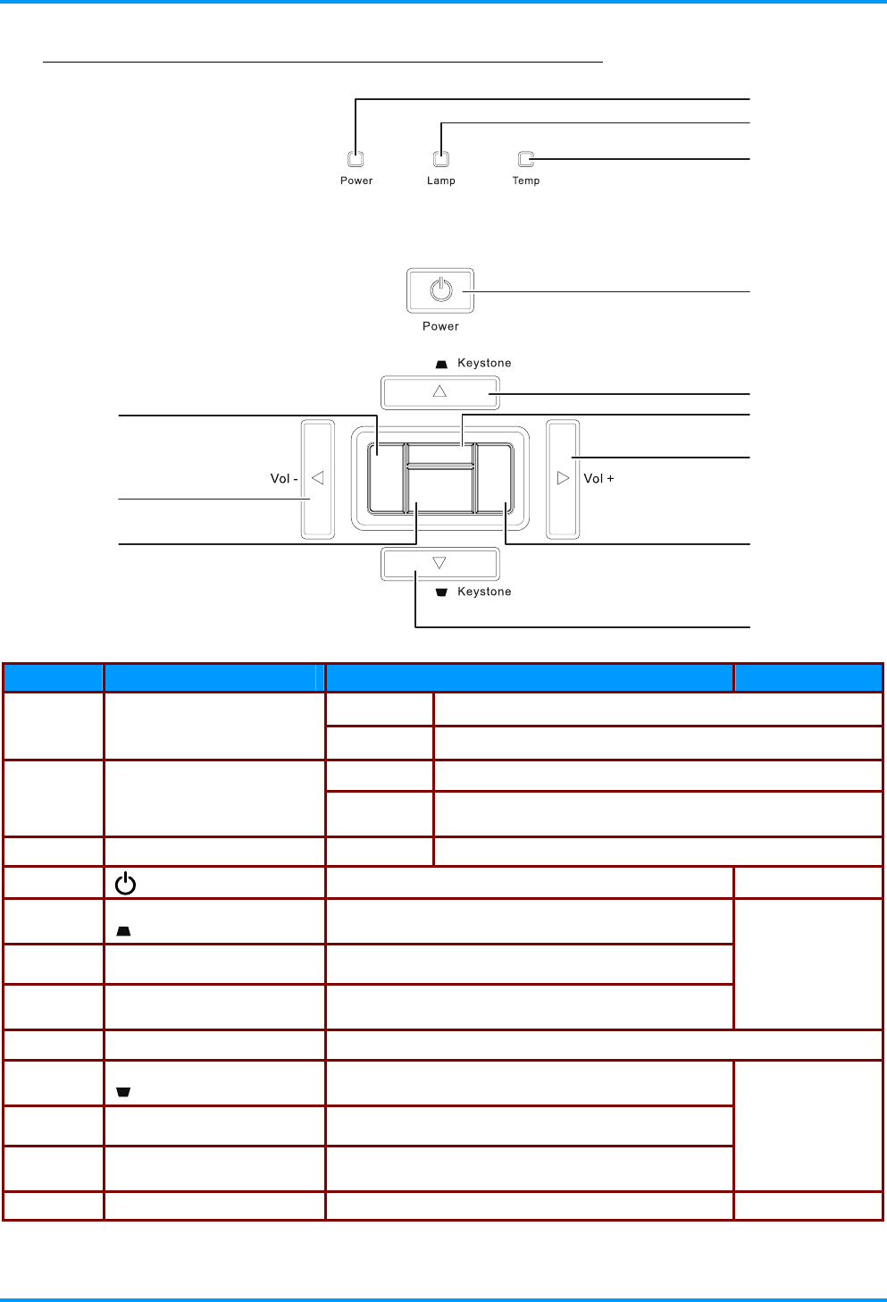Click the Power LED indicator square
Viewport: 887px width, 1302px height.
click(x=356, y=160)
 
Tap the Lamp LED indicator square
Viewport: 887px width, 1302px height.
click(x=441, y=160)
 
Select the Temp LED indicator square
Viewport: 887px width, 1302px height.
click(x=526, y=159)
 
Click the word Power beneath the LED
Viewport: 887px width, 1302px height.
click(x=356, y=181)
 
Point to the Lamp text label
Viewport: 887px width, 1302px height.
click(x=441, y=181)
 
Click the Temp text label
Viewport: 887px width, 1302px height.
click(x=526, y=181)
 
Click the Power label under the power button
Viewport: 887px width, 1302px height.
click(x=440, y=326)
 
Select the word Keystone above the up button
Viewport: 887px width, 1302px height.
click(x=484, y=363)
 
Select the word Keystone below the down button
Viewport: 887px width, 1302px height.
click(x=484, y=592)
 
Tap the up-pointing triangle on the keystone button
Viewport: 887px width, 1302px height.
click(x=439, y=391)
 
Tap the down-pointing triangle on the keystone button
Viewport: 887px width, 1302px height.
click(x=439, y=563)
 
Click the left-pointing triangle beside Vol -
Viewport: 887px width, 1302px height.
click(x=317, y=478)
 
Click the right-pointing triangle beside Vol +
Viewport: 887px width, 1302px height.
click(x=563, y=478)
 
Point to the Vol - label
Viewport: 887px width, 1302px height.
click(x=284, y=479)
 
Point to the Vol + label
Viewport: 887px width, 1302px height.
click(x=598, y=479)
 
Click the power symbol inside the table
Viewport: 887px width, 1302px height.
click(x=125, y=885)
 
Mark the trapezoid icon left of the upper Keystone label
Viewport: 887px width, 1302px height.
click(x=441, y=365)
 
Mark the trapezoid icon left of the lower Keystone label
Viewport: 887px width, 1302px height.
click(x=441, y=592)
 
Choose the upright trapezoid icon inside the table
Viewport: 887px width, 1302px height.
click(x=123, y=931)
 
